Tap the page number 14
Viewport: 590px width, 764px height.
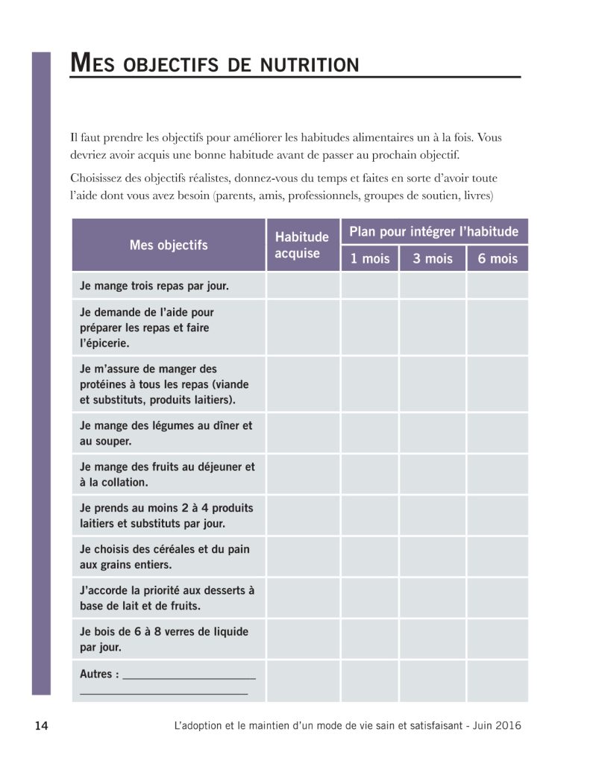[43, 726]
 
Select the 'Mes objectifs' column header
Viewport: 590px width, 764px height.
[169, 245]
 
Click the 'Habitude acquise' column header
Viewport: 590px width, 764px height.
[302, 245]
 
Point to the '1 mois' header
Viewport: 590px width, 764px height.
[370, 259]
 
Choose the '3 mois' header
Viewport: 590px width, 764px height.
[433, 259]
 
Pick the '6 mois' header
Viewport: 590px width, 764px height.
[498, 259]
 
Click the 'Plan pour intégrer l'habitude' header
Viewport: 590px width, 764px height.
[433, 231]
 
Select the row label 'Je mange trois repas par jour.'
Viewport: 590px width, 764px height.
[154, 286]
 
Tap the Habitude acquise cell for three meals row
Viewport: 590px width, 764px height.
[303, 286]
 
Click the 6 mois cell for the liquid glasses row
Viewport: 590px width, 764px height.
[498, 639]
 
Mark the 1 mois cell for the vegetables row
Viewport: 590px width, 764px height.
[370, 433]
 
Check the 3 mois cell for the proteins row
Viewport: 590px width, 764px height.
[433, 384]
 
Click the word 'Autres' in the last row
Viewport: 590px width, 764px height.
[99, 674]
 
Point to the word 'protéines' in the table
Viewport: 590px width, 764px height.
[104, 384]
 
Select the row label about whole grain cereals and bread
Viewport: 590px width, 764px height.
[165, 557]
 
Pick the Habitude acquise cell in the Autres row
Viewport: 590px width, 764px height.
[303, 681]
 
